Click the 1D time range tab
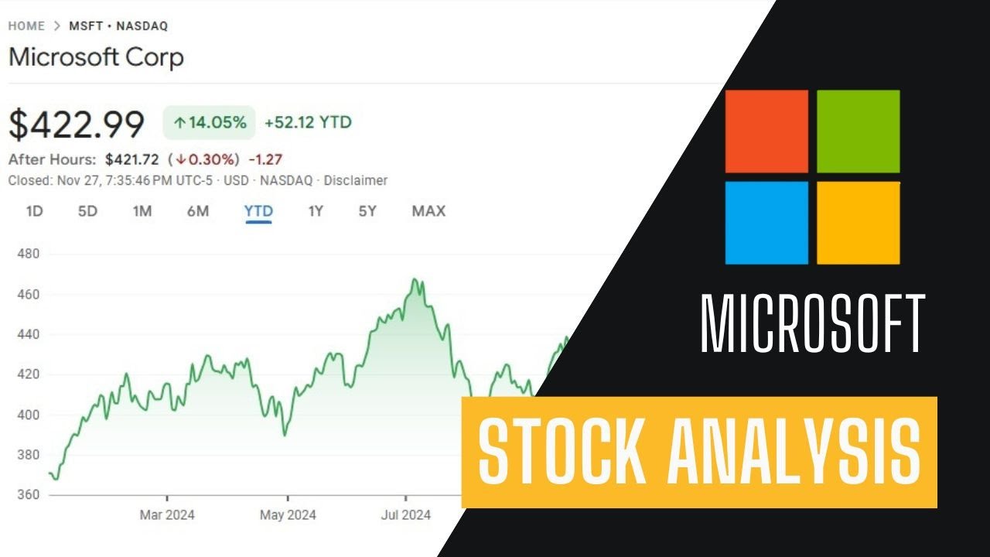34,211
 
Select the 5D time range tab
87,211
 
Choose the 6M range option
198,211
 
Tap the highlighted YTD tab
258,211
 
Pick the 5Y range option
367,211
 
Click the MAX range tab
428,211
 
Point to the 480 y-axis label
28,254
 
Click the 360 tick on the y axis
28,494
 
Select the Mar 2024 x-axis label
167,514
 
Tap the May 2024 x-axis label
288,514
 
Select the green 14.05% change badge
209,122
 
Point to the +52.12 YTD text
308,122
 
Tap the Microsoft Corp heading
96,57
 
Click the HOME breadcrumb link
26,26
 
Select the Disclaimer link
355,180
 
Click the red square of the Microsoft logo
766,131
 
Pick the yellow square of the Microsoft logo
858,223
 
